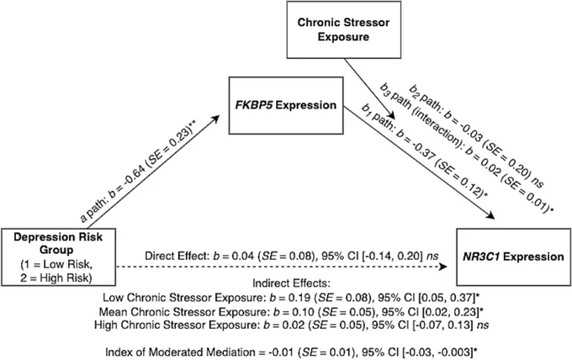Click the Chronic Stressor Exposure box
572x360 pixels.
[344, 29]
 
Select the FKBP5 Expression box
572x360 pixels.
[286, 105]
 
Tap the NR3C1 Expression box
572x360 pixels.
[513, 257]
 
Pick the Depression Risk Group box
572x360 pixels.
[58, 257]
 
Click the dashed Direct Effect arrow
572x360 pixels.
[282, 267]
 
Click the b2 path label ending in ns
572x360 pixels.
[476, 135]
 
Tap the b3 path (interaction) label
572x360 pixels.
[467, 148]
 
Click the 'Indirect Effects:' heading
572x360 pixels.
[291, 283]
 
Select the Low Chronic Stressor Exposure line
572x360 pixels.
[291, 298]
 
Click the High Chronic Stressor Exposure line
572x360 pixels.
[291, 325]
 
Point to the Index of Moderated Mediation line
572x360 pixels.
[292, 352]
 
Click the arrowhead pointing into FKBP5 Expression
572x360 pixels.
[215, 119]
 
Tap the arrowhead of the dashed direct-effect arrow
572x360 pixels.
[443, 267]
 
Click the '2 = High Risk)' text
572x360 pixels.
[56, 278]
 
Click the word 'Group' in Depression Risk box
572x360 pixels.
[56, 250]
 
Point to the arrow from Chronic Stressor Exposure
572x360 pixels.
[370, 87]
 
